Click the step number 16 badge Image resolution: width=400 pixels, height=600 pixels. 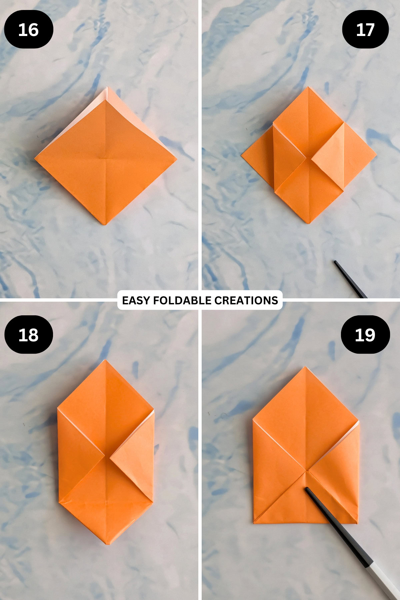[29, 29]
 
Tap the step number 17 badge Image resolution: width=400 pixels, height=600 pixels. [365, 29]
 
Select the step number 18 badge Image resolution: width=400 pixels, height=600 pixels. [29, 335]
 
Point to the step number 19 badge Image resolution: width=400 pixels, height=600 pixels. [365, 335]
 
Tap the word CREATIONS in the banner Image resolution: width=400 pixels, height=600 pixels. [246, 300]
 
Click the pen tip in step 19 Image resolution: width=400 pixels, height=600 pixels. [307, 489]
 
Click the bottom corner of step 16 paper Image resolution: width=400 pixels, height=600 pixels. [105, 224]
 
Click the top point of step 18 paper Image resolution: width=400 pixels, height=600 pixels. [106, 360]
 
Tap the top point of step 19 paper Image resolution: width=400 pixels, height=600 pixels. [305, 367]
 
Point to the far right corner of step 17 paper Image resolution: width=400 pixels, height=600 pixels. [376, 155]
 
